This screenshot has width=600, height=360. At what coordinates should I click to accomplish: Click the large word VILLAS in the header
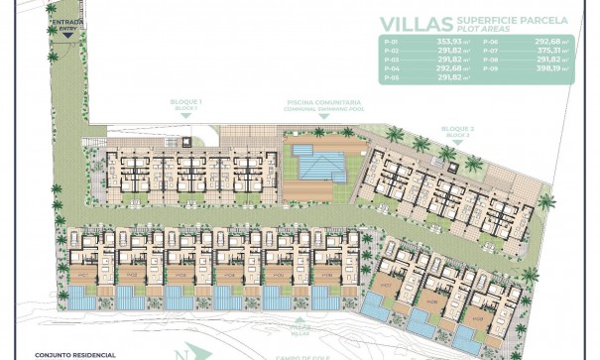(417, 26)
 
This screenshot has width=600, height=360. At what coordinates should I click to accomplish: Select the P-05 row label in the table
(390, 75)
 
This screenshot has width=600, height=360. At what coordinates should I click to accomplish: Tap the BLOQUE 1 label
(187, 102)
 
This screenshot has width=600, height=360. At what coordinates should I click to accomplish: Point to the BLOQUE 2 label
(460, 131)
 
